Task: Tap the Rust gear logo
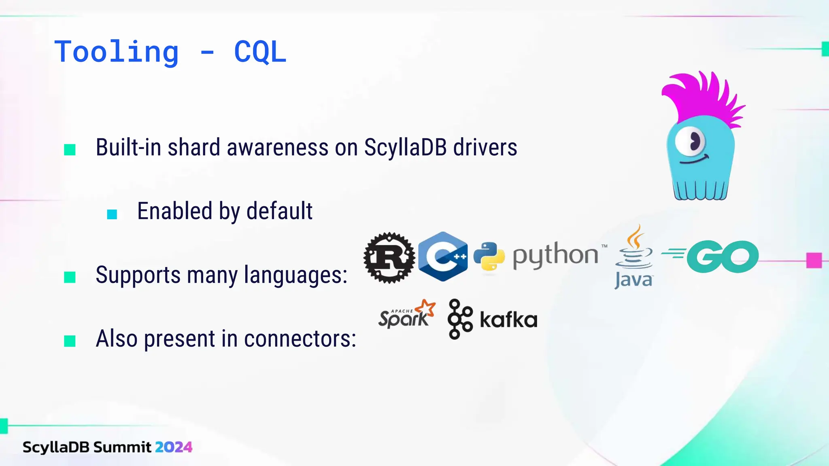point(389,258)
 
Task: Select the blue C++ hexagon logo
point(443,256)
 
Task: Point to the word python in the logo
point(555,256)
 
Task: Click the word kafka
point(508,320)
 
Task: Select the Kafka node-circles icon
point(460,319)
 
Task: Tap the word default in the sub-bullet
point(279,211)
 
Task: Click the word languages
point(295,275)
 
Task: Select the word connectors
point(300,339)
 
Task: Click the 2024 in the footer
point(173,447)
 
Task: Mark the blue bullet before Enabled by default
point(112,214)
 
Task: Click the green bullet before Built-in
point(70,150)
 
